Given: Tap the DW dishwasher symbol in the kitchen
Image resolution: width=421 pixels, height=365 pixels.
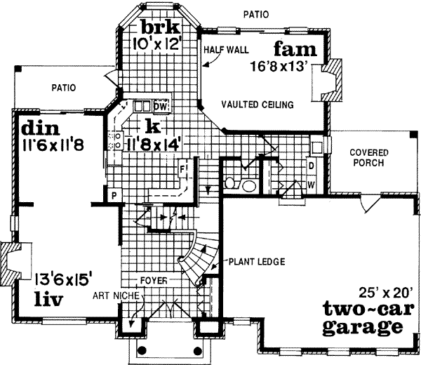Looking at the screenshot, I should pos(160,106).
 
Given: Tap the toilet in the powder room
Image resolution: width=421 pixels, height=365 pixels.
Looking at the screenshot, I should pos(233,184).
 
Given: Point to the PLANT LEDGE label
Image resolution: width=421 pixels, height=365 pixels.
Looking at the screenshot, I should pos(256,263).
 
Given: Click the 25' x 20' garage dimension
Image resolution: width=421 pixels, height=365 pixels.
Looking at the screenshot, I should pos(371,291).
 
